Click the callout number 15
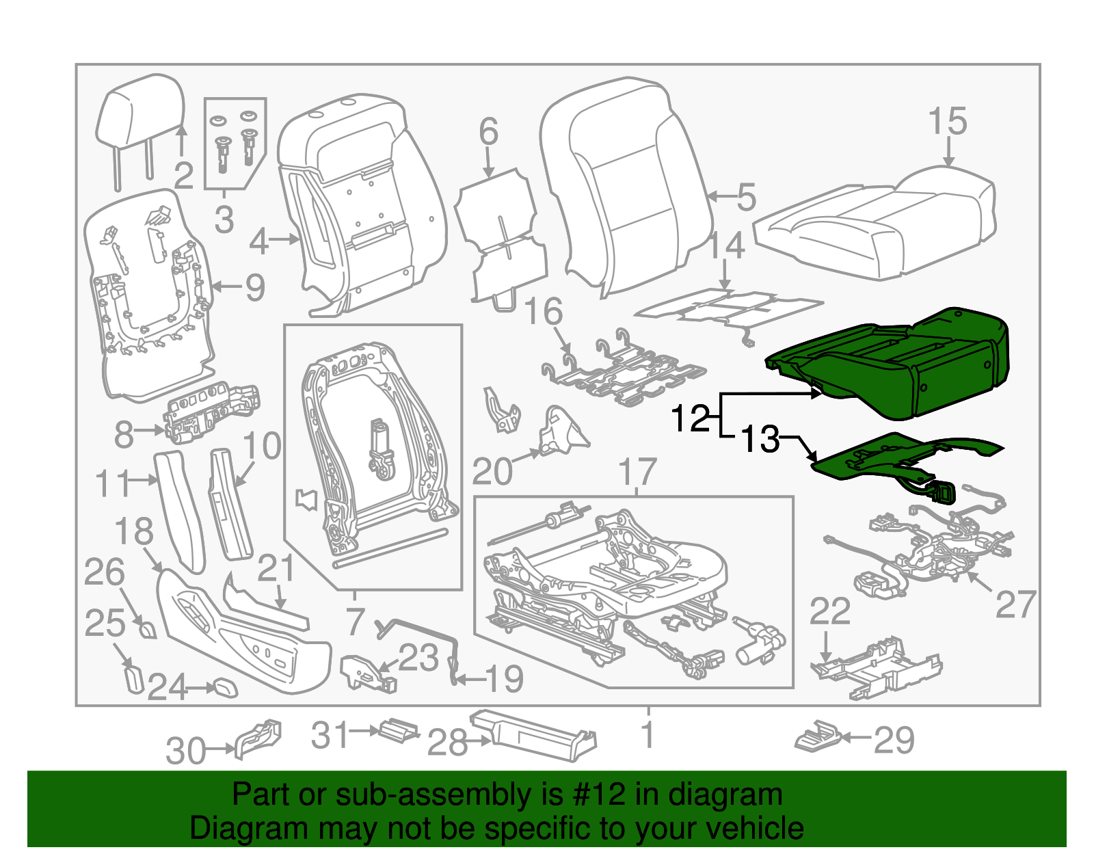point(947,122)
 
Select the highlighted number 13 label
point(760,440)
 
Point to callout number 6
point(488,131)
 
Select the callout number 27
point(1015,604)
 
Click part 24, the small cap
point(226,687)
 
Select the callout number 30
point(185,751)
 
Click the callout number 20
point(492,472)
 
